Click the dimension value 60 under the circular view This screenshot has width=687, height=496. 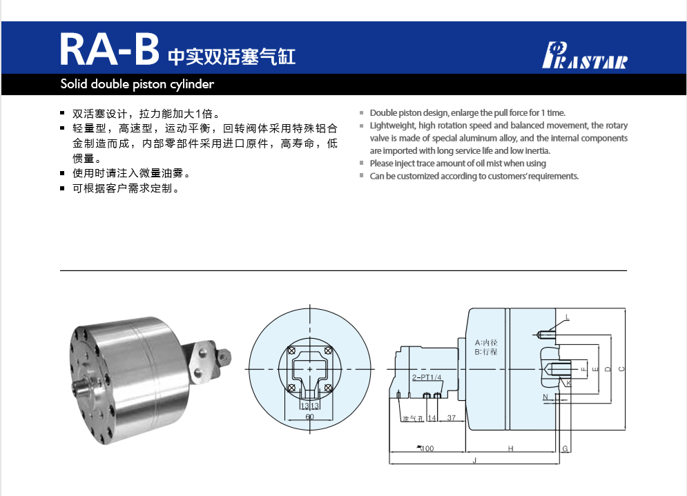pos(309,417)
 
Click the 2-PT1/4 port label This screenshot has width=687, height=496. pos(427,377)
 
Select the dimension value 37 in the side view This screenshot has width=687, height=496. pos(452,418)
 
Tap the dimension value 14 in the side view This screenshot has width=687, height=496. pos(432,418)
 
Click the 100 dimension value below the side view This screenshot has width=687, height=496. pos(426,449)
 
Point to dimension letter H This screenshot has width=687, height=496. pos(510,449)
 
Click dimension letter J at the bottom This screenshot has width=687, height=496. pos(474,461)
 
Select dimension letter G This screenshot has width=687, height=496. pos(565,449)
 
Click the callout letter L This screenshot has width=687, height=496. pos(567,317)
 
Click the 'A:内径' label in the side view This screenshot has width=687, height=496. pos(486,342)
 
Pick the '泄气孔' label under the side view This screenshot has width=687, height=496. pos(412,418)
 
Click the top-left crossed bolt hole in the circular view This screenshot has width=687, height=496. pos(291,352)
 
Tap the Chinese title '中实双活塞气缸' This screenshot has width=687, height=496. pos(231,55)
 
